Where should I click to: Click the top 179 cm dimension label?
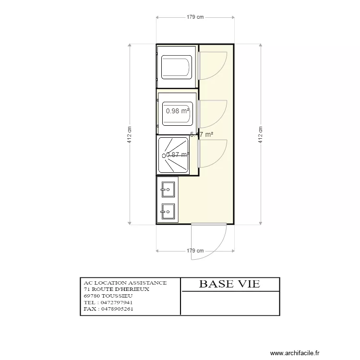(x=195, y=17)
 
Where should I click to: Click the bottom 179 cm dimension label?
(x=195, y=251)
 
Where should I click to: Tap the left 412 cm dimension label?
(x=129, y=135)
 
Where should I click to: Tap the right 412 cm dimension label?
(x=261, y=135)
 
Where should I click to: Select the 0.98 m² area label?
(x=178, y=111)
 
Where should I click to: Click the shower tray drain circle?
(x=164, y=156)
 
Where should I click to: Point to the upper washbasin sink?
(x=168, y=190)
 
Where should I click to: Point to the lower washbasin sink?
(x=168, y=211)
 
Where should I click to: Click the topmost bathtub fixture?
(x=177, y=67)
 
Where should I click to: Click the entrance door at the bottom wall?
(x=209, y=242)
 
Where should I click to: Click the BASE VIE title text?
(x=229, y=284)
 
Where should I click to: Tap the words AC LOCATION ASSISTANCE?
(x=125, y=283)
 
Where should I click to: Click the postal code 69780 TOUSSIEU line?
(x=108, y=296)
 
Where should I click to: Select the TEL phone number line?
(x=108, y=302)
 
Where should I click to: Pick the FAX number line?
(x=108, y=309)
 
